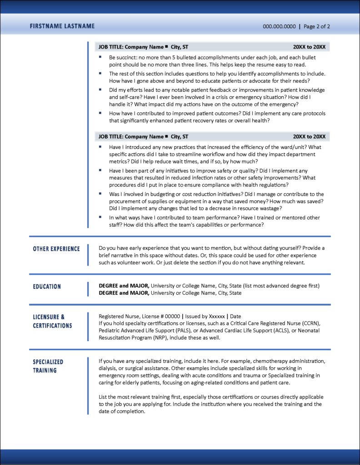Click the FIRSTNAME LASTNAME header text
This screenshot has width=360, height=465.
pyautogui.click(x=62, y=26)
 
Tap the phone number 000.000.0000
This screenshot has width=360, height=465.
pyautogui.click(x=279, y=26)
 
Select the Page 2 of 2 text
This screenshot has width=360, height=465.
pyautogui.click(x=317, y=26)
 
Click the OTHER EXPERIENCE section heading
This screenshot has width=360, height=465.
pyautogui.click(x=56, y=249)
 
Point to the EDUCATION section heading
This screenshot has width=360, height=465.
pyautogui.click(x=47, y=287)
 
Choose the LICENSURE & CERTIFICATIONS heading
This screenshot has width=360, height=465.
pyautogui.click(x=52, y=321)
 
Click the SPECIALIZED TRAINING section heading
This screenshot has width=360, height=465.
pyautogui.click(x=48, y=366)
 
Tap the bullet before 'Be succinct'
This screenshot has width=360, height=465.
pyautogui.click(x=100, y=57)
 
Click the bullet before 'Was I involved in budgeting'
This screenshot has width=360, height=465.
pyautogui.click(x=100, y=194)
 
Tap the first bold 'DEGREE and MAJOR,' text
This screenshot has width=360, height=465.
pyautogui.click(x=124, y=286)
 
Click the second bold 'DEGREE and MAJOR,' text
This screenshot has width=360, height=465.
pyautogui.click(x=124, y=293)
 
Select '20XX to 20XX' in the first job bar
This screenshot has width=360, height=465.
pyautogui.click(x=309, y=47)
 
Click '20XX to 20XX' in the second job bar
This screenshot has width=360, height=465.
pyautogui.click(x=309, y=137)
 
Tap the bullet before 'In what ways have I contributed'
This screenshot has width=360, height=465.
pyautogui.click(x=100, y=217)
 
